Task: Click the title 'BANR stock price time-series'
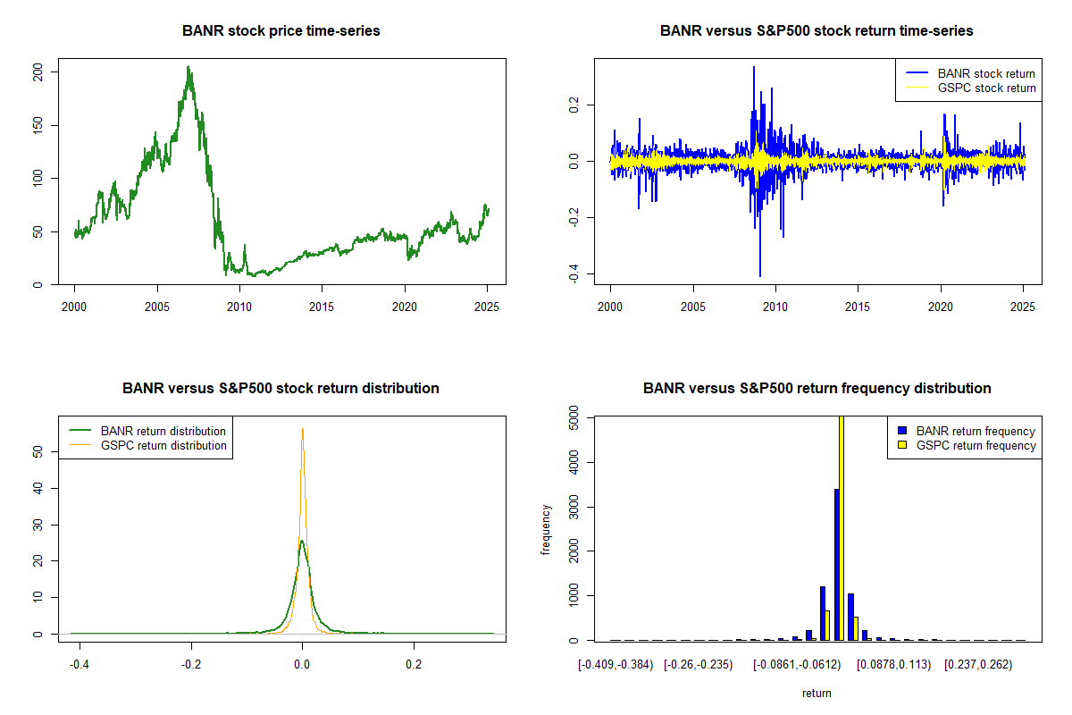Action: [x=281, y=31]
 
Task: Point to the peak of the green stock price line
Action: [x=188, y=67]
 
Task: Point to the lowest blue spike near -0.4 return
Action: [x=760, y=274]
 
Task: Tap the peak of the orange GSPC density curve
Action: [x=302, y=430]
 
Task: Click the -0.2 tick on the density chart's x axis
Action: [x=190, y=665]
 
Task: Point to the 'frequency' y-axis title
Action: [x=547, y=529]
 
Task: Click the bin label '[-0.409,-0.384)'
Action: [x=616, y=665]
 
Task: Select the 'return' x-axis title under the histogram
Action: [x=817, y=693]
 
